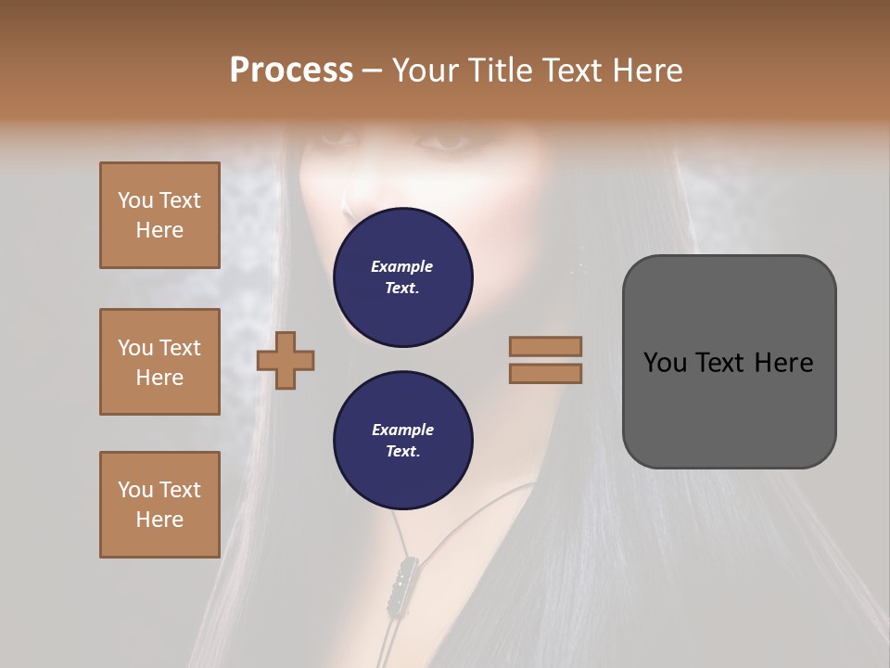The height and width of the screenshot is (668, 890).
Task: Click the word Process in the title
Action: [291, 71]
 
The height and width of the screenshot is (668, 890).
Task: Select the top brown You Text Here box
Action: [159, 215]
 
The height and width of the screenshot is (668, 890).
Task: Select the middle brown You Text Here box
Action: [159, 362]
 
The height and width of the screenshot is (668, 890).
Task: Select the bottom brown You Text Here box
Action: [159, 505]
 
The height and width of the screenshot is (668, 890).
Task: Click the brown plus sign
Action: [286, 361]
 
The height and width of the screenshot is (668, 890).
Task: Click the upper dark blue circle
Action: [403, 277]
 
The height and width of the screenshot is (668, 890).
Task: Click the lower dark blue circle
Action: [403, 441]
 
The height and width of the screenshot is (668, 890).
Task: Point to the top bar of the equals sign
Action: [545, 346]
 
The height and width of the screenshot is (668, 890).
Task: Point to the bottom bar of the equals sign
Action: [545, 374]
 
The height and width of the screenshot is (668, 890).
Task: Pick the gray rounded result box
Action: [729, 361]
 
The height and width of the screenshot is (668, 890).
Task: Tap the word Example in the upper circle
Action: [402, 267]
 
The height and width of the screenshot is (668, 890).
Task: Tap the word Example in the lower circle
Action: [402, 430]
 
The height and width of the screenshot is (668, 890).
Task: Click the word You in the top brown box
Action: [134, 200]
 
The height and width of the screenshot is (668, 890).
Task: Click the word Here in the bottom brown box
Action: [159, 520]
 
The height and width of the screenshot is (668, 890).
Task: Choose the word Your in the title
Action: [425, 71]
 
